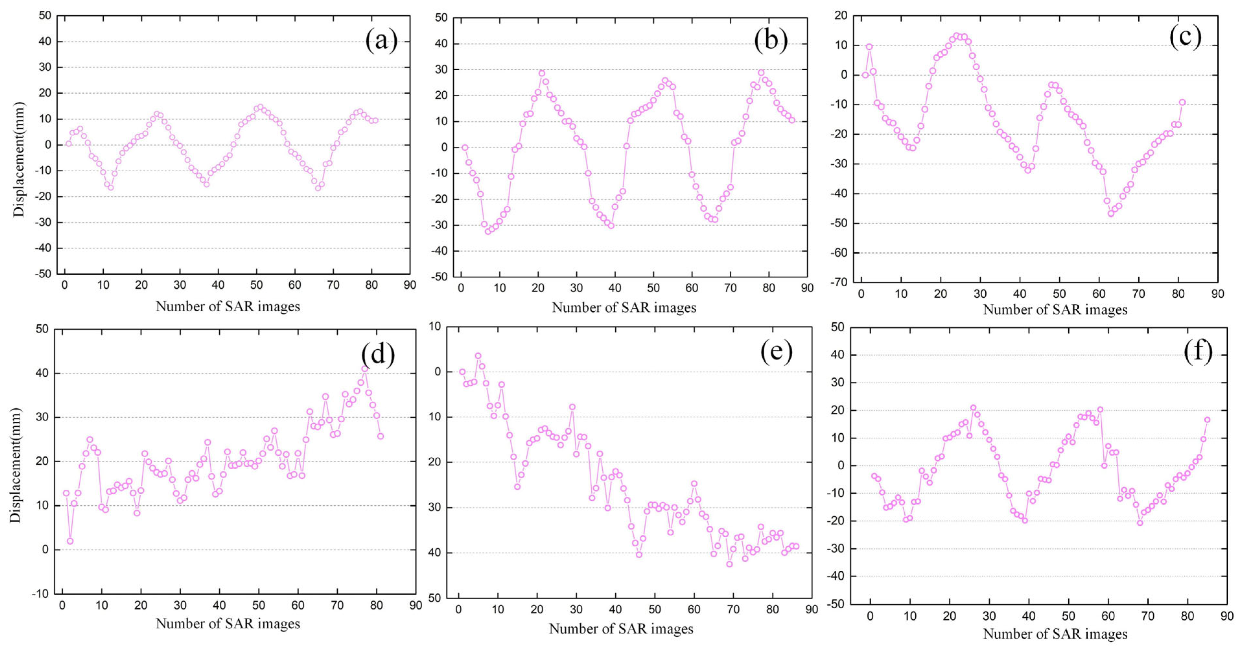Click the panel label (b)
(x=771, y=40)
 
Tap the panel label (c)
(x=1185, y=37)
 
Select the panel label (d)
(x=378, y=354)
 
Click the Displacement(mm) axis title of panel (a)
(x=18, y=159)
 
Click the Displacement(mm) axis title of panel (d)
(x=16, y=465)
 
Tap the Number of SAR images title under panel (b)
(x=624, y=308)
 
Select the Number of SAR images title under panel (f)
(x=1055, y=634)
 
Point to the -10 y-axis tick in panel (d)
(x=41, y=594)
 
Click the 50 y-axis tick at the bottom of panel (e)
(x=434, y=598)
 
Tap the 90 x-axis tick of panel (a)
(x=410, y=285)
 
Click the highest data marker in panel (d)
(x=365, y=369)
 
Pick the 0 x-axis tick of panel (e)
(x=458, y=610)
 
